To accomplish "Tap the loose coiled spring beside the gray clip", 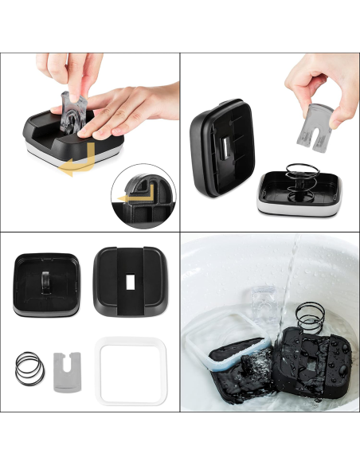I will click(28, 368).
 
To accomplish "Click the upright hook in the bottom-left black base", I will click(45, 281).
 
